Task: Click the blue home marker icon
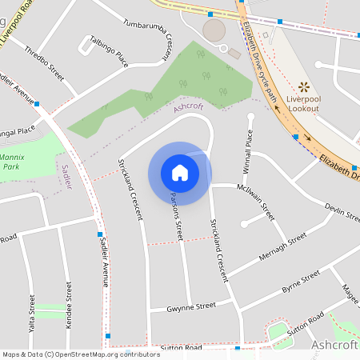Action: tap(180, 173)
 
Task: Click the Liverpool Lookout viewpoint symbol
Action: tap(303, 86)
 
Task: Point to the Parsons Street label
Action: tap(177, 217)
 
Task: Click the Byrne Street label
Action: tap(301, 280)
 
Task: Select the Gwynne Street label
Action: tap(192, 306)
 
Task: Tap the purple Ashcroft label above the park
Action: tap(189, 106)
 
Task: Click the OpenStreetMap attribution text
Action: tap(81, 354)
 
